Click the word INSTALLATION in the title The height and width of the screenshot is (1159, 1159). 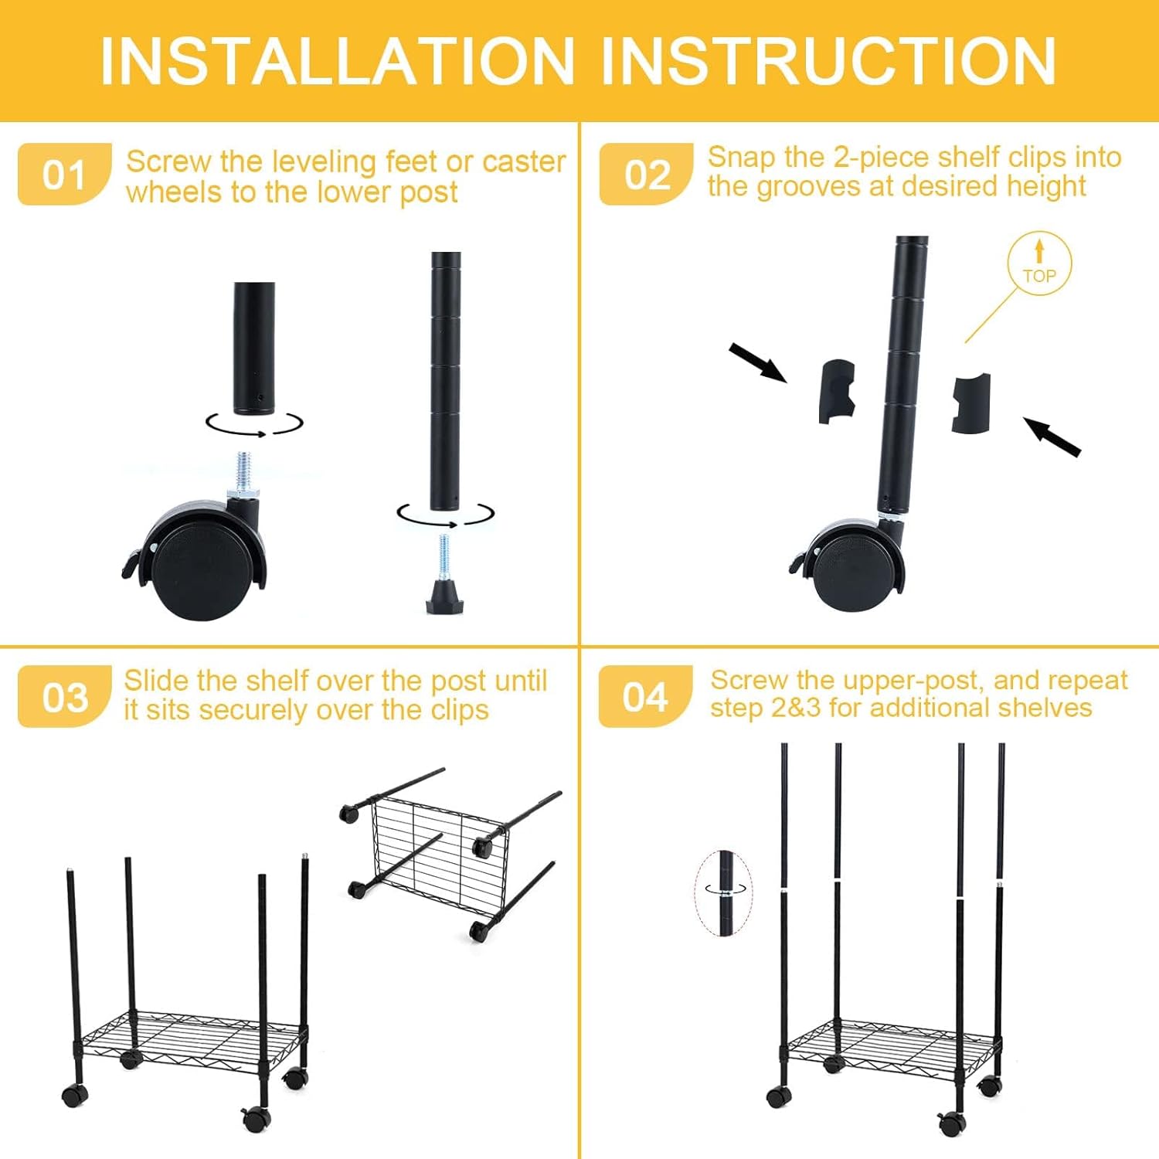click(338, 61)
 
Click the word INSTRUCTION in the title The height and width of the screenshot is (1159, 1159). click(828, 61)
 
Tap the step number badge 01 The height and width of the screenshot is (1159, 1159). click(64, 175)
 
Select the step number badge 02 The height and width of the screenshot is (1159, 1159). click(646, 175)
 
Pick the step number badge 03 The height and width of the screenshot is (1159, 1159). click(64, 697)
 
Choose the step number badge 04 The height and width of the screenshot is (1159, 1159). click(645, 697)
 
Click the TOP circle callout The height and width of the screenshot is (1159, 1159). click(1039, 264)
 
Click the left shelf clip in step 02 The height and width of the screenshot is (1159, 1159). click(837, 391)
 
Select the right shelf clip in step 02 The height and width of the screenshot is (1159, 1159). click(970, 403)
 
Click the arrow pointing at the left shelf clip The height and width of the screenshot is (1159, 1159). click(757, 362)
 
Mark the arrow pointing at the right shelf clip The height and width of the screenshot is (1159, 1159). click(1052, 437)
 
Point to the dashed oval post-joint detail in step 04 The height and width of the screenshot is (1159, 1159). click(724, 892)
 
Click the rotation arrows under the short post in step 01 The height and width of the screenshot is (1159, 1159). click(253, 424)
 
